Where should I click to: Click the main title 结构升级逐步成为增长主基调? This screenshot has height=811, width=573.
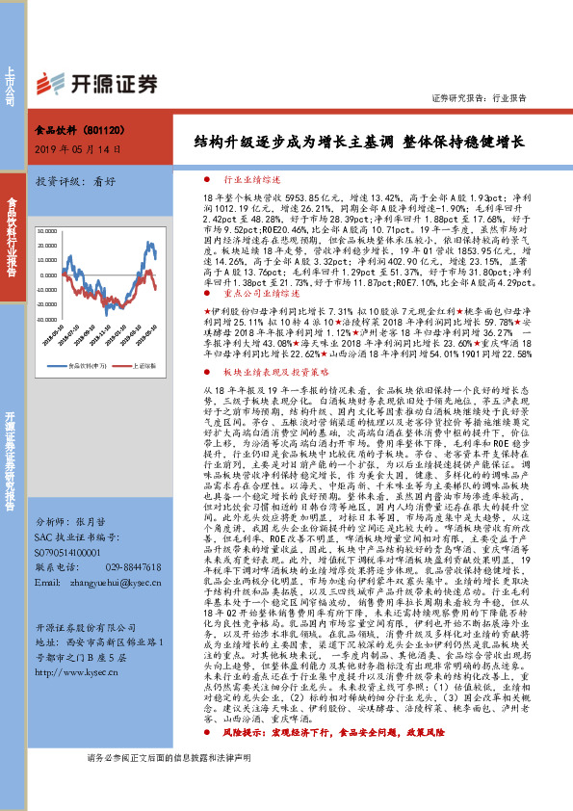coord(294,142)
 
